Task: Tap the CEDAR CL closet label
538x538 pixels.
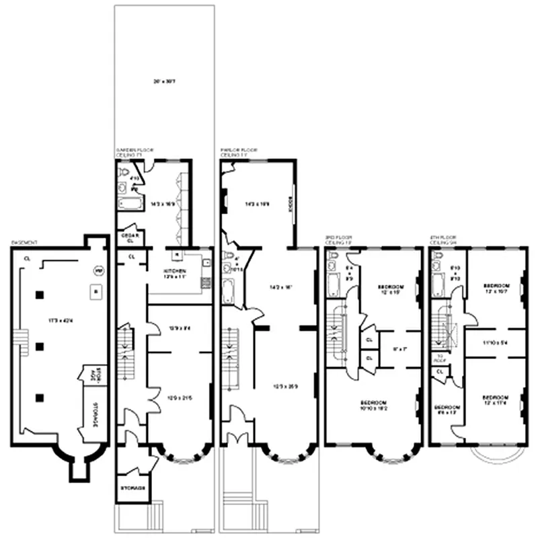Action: pyautogui.click(x=130, y=237)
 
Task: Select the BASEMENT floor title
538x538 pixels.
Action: pyautogui.click(x=24, y=242)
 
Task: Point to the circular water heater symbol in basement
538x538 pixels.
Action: pyautogui.click(x=98, y=270)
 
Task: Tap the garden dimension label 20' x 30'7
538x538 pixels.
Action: pyautogui.click(x=164, y=82)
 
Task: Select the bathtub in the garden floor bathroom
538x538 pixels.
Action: pyautogui.click(x=128, y=204)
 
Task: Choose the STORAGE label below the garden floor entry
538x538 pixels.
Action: pyautogui.click(x=132, y=488)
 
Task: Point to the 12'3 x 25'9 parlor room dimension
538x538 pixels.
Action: pyautogui.click(x=286, y=385)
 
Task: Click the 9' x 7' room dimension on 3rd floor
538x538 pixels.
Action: pyautogui.click(x=399, y=348)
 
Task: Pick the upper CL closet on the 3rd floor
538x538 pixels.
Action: pyautogui.click(x=369, y=340)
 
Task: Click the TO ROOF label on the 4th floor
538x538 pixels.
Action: pyautogui.click(x=440, y=358)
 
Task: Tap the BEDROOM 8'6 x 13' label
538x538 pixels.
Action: pyautogui.click(x=446, y=410)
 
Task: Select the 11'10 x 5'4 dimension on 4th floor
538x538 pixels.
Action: pyautogui.click(x=494, y=342)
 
